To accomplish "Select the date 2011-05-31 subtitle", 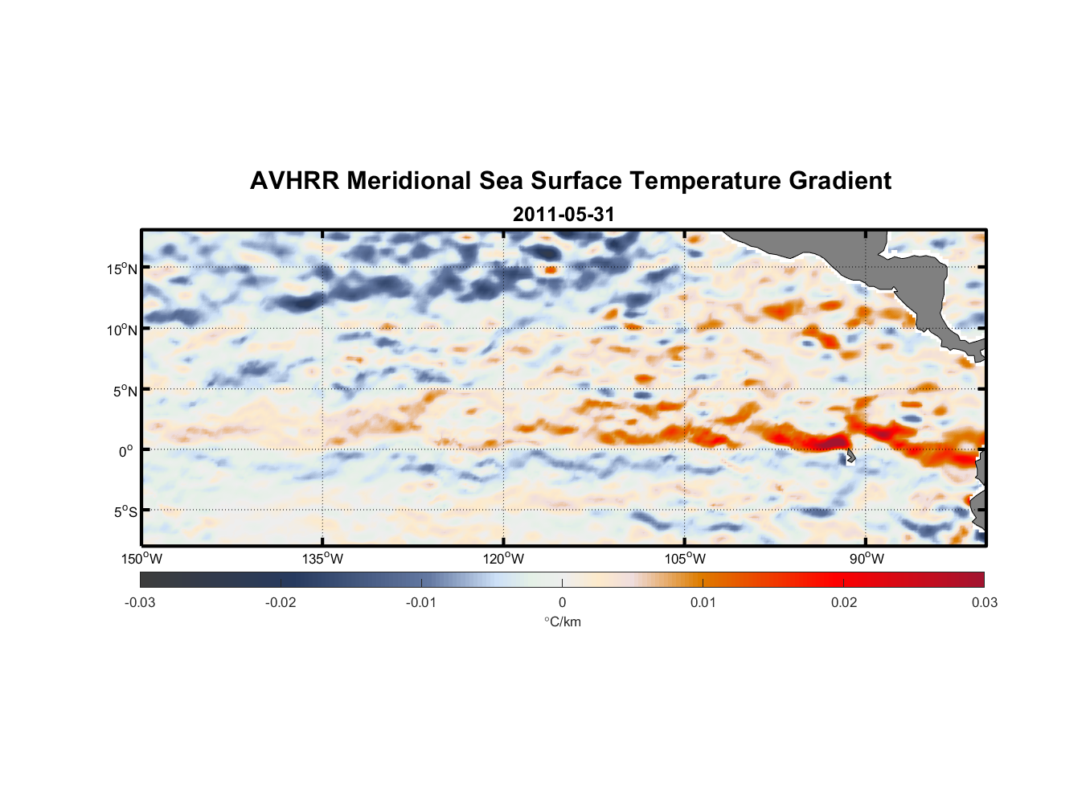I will click(x=563, y=215).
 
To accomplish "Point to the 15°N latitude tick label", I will click(x=122, y=269).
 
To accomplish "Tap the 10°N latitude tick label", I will click(x=122, y=330).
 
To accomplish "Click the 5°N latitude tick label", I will click(x=125, y=391).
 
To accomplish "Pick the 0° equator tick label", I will click(x=127, y=451).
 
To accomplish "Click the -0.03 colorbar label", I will click(x=140, y=603).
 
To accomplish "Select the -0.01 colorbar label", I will click(x=421, y=603).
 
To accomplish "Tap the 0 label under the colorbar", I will click(x=562, y=603).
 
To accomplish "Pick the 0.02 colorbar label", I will click(x=844, y=603).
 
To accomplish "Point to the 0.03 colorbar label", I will click(x=984, y=603).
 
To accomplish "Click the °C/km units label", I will click(x=562, y=621).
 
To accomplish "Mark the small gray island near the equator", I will click(x=850, y=456).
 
